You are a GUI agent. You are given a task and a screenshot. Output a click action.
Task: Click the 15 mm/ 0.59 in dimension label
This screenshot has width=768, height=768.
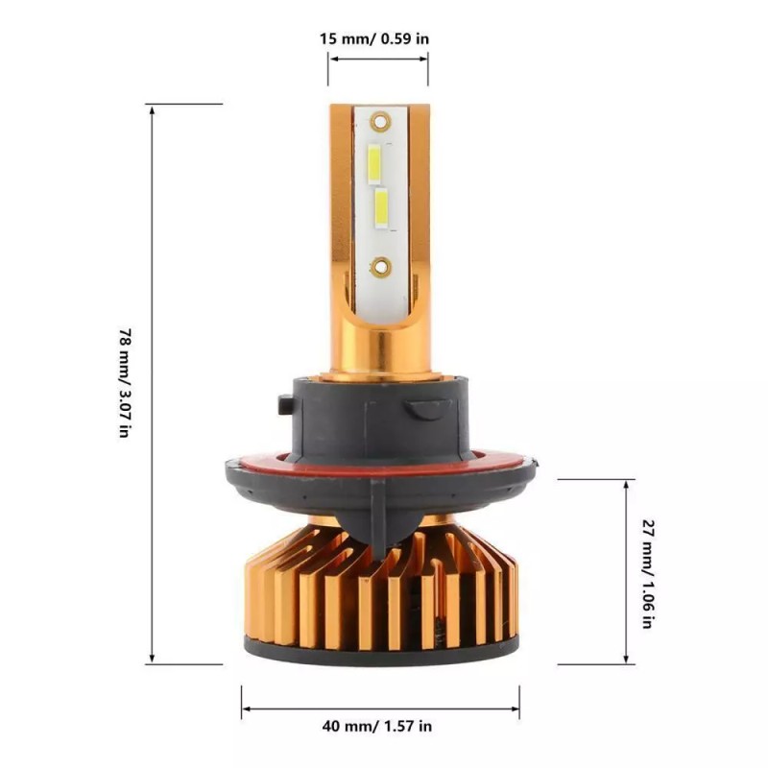[374, 38]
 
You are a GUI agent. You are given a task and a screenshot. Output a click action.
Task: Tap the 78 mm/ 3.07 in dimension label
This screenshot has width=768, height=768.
[126, 383]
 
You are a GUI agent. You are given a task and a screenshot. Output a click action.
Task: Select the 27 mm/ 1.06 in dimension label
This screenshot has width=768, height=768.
[648, 573]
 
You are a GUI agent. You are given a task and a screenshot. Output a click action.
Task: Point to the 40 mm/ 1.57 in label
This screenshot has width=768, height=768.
[377, 726]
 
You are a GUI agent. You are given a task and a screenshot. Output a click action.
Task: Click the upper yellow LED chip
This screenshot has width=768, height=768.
[374, 164]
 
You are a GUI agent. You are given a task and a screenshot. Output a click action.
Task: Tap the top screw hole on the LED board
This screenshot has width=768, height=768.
[380, 122]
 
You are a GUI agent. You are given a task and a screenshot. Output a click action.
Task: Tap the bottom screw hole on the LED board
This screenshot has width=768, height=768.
[380, 267]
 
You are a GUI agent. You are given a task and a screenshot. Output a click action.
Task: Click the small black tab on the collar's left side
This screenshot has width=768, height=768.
[285, 404]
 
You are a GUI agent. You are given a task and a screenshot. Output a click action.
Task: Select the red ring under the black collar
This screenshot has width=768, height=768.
[379, 465]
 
